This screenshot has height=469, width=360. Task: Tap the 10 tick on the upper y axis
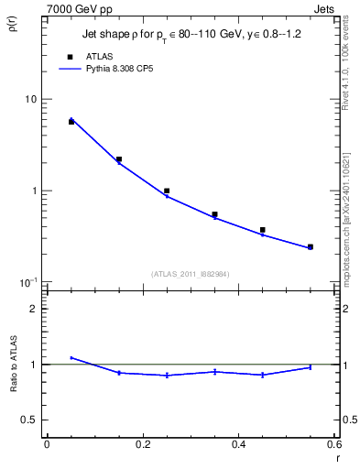pyautogui.click(x=29, y=99)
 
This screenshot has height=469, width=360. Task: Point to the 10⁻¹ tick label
pyautogui.click(x=28, y=282)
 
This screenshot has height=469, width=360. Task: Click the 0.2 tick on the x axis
pyautogui.click(x=142, y=445)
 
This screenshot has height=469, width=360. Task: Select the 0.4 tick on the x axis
pyautogui.click(x=238, y=445)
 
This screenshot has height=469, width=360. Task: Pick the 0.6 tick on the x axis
pyautogui.click(x=333, y=445)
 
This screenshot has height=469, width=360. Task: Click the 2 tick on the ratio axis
pyautogui.click(x=33, y=309)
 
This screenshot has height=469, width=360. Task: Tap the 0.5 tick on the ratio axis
pyautogui.click(x=29, y=420)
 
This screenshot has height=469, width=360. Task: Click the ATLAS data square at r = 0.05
pyautogui.click(x=71, y=122)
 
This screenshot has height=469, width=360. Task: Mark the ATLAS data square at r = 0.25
pyautogui.click(x=167, y=191)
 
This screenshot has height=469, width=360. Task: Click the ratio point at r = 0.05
pyautogui.click(x=71, y=358)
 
